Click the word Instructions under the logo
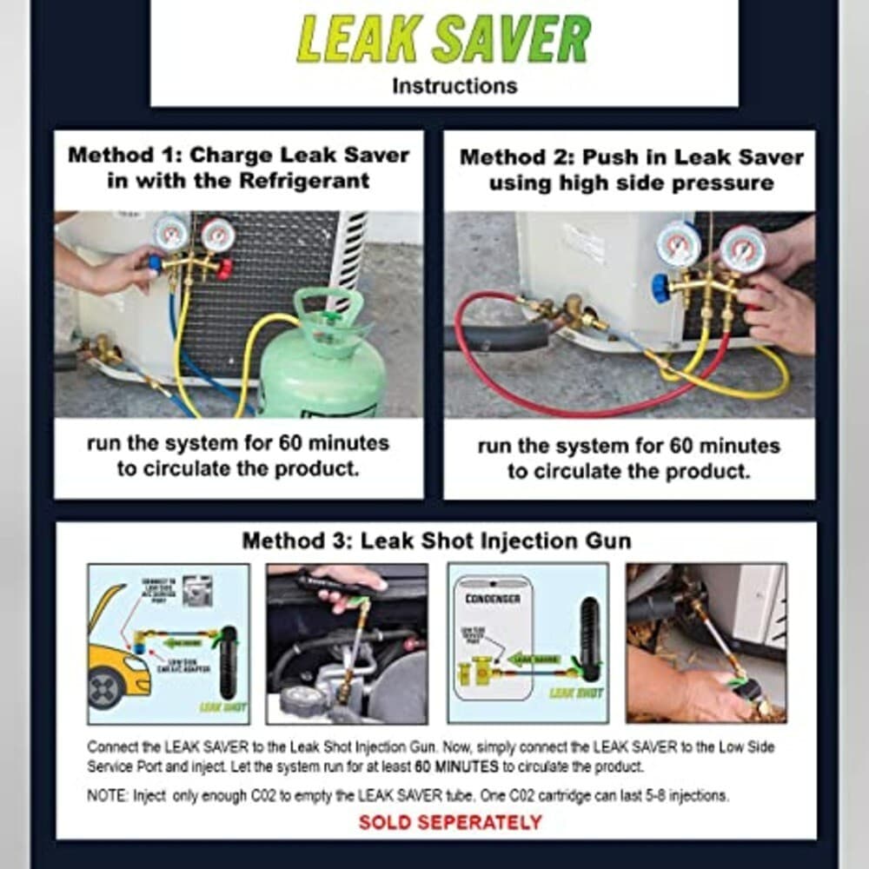pos(454,86)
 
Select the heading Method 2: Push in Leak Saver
pos(632,158)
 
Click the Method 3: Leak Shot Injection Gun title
pos(436,541)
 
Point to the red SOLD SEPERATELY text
pos(450,822)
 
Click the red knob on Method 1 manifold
pos(225,269)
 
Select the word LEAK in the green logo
pos(361,39)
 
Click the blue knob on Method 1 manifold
pos(155,263)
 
